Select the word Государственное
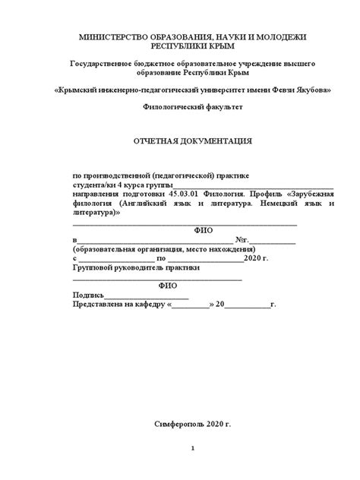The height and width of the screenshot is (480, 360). [106, 66]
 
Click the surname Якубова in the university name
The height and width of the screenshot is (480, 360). [310, 90]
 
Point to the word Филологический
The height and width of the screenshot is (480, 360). [173, 109]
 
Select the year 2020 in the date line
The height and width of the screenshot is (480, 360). [232, 259]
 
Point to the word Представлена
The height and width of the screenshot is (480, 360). [102, 306]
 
